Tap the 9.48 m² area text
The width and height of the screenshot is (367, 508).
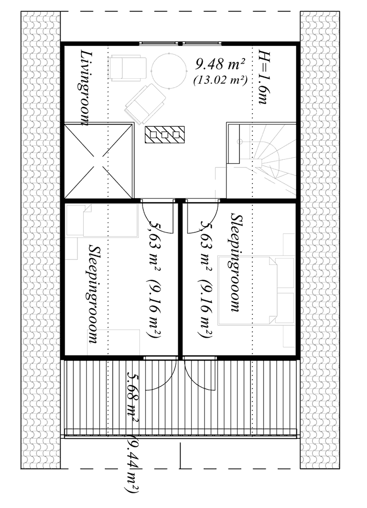(220, 64)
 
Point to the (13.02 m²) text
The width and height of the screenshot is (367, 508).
(220, 80)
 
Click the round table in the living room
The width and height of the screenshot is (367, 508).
(169, 70)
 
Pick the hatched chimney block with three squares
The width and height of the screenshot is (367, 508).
(165, 134)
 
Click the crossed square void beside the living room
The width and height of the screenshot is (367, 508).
(98, 161)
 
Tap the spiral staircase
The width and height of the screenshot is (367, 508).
(261, 160)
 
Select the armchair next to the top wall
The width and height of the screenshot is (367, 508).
(127, 68)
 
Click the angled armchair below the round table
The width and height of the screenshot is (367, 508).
(145, 104)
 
